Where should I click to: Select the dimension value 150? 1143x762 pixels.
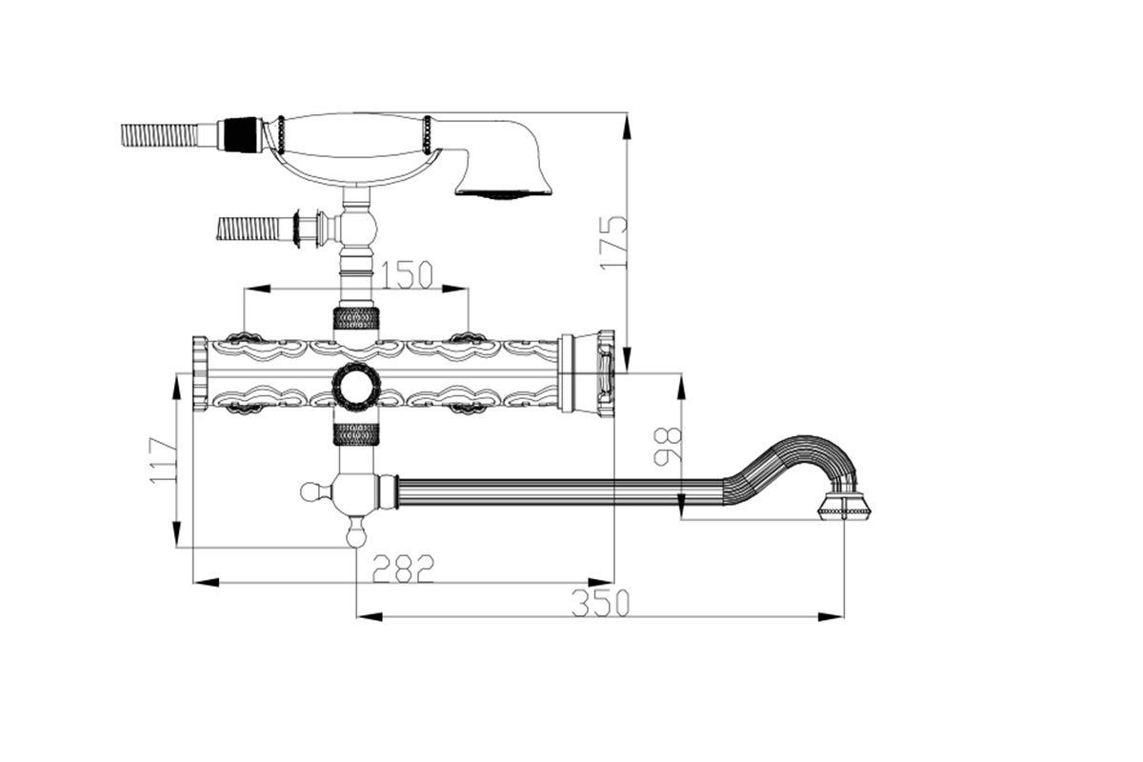(408, 274)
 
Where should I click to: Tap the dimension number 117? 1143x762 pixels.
(163, 460)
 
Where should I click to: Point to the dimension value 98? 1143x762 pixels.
(668, 447)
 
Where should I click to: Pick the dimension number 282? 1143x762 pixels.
(404, 569)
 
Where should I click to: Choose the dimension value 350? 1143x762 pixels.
(601, 603)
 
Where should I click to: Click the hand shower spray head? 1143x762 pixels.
(504, 157)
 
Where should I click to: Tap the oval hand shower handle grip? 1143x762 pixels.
(353, 134)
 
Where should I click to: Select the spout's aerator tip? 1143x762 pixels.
(845, 507)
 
